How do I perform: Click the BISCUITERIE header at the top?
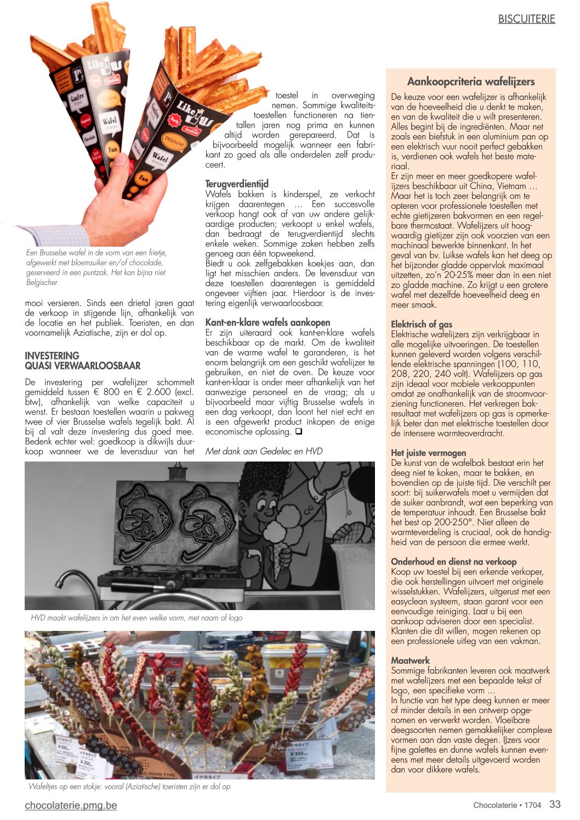(x=526, y=19)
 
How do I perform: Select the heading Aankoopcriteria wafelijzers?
(x=470, y=82)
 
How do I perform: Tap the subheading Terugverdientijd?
(x=237, y=184)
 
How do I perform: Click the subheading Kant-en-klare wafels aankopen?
(x=268, y=322)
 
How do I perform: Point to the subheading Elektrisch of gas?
(x=422, y=324)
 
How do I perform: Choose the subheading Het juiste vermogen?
(x=428, y=453)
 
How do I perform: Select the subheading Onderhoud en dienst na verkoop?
(x=453, y=561)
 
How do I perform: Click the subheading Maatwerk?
(x=410, y=660)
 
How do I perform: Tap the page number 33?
(x=555, y=804)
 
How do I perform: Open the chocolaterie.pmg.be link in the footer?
(x=71, y=805)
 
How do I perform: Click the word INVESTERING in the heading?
(x=52, y=355)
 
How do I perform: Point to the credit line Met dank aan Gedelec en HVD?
(x=264, y=451)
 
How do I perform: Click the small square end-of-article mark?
(x=298, y=431)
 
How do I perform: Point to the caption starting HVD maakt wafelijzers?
(x=137, y=618)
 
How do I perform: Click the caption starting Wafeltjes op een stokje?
(x=129, y=787)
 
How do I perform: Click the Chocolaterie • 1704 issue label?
(x=507, y=805)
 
